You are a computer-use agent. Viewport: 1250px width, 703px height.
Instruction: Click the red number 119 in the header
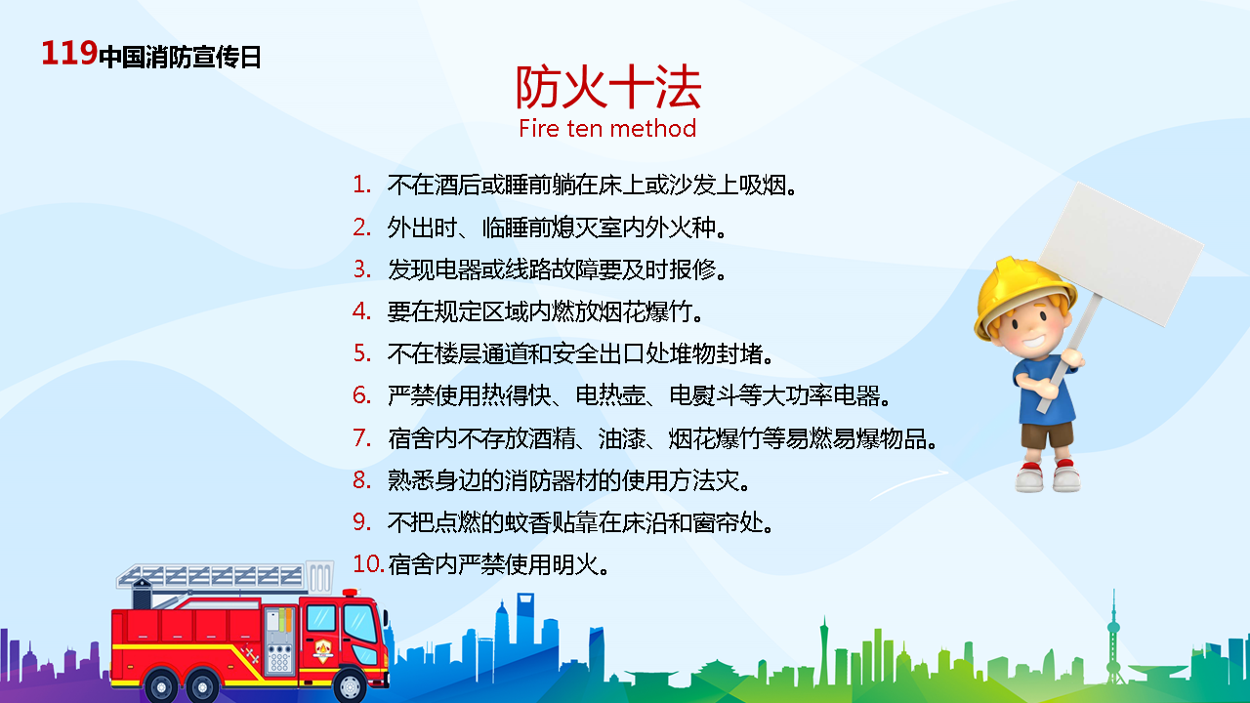coord(69,54)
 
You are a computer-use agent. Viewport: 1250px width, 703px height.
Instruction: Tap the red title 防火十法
coord(607,87)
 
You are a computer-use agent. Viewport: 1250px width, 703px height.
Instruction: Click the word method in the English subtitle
coord(653,128)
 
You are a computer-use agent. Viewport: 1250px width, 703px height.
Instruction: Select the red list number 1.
coord(361,185)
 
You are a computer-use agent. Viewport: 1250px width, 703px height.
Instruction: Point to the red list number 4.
coord(361,310)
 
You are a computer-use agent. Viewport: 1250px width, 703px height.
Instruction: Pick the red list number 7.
coord(361,438)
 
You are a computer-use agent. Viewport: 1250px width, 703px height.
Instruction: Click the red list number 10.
coord(368,563)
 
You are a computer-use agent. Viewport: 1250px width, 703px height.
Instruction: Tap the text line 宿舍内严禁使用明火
coord(498,564)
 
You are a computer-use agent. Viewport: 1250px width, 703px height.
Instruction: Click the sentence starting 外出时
coord(557,227)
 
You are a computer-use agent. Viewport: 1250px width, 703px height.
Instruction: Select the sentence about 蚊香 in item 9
coord(580,522)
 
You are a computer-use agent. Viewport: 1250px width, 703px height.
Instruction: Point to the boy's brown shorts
coord(1047,435)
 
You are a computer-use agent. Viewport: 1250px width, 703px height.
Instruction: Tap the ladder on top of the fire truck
coord(224,576)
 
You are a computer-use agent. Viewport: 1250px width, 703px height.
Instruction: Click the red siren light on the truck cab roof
coord(350,593)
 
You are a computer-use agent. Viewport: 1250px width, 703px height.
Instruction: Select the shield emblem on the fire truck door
coord(323,650)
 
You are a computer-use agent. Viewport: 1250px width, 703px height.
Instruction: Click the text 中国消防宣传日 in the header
coord(180,57)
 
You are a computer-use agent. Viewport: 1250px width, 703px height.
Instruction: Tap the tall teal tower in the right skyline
coord(1114,636)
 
